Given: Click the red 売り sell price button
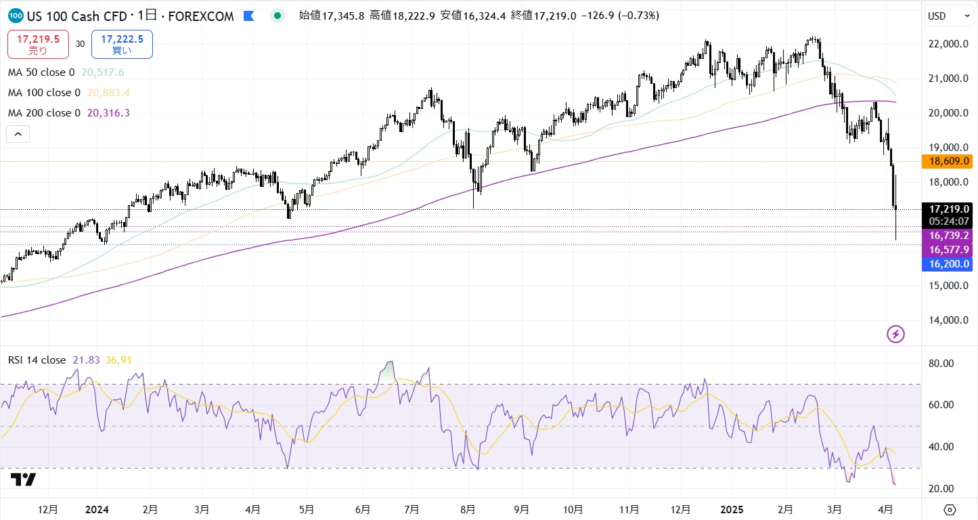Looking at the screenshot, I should (37, 44).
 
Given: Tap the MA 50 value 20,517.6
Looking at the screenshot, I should (102, 72).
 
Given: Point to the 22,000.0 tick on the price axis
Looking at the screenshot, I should (948, 44).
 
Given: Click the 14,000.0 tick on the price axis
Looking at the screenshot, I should (948, 320).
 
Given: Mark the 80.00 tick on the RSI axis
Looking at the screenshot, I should (941, 363).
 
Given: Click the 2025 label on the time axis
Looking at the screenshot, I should (732, 509).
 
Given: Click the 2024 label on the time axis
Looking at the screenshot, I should (97, 509).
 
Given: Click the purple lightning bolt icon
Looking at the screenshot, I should (895, 334).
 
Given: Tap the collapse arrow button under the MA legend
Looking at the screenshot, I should (18, 134).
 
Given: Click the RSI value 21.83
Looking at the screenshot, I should (86, 360).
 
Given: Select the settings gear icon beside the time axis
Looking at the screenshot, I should (949, 509).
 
